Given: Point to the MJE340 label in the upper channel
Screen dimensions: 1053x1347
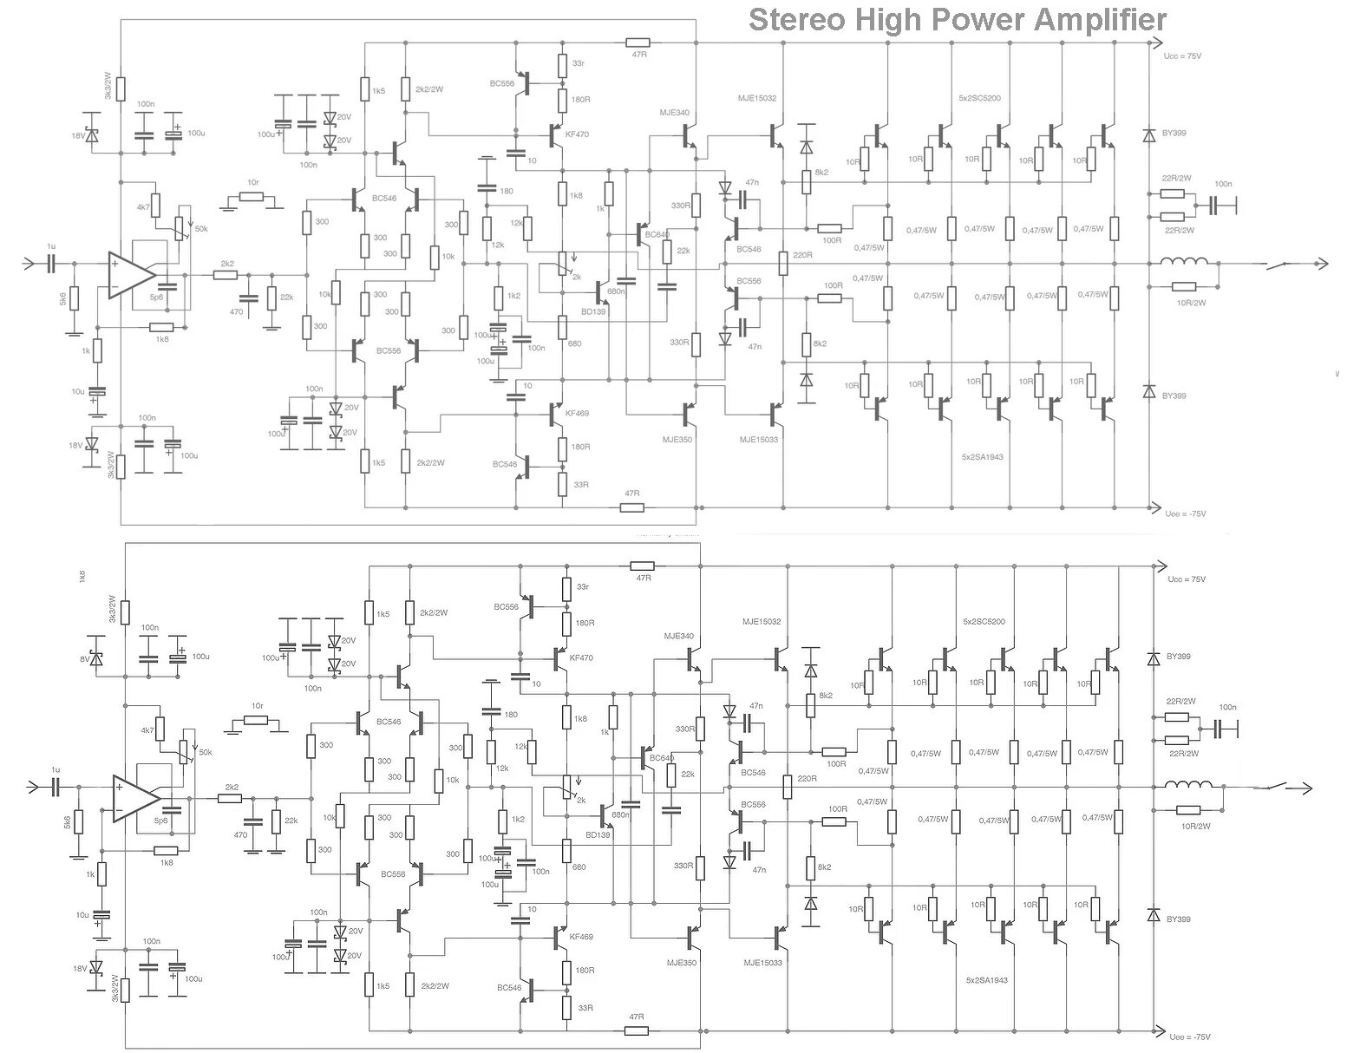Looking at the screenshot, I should (x=674, y=113).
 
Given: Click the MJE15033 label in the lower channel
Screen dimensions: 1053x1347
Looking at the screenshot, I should (x=762, y=963).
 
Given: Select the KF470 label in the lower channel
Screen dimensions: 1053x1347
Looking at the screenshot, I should (x=581, y=658).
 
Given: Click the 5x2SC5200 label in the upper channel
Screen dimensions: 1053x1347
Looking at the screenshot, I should (x=980, y=98).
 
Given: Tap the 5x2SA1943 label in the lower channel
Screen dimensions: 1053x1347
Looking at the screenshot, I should (x=986, y=980).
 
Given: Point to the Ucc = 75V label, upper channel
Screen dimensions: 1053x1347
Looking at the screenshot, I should (x=1181, y=56).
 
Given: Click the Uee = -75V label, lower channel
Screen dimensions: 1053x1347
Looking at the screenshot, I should (x=1188, y=1037).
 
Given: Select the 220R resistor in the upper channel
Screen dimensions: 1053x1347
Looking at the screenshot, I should (x=783, y=263).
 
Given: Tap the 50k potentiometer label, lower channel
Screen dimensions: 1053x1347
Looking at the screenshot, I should (x=206, y=752).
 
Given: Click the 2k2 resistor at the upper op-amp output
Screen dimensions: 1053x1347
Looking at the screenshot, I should (x=226, y=275).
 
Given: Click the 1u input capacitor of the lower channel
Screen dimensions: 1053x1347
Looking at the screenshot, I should (x=56, y=787).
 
